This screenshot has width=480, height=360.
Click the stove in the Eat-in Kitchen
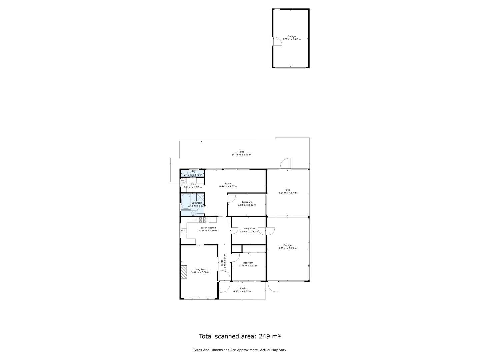[x=202, y=220]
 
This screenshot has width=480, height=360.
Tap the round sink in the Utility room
[x=184, y=182]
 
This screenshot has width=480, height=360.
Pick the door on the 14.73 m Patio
[x=286, y=164]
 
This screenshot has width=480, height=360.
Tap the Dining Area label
[x=249, y=229]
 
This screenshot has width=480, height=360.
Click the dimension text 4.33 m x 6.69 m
[x=287, y=248]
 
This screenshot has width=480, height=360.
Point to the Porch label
[x=242, y=288]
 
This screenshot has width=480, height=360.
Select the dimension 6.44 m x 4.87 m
[x=228, y=186]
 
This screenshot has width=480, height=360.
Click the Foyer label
[x=222, y=264]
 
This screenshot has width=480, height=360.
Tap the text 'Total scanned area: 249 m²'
[x=240, y=336]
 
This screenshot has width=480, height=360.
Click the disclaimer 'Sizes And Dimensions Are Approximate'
[x=240, y=350]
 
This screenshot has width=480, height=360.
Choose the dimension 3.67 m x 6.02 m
[x=291, y=39]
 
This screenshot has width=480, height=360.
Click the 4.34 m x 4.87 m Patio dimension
[x=287, y=193]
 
